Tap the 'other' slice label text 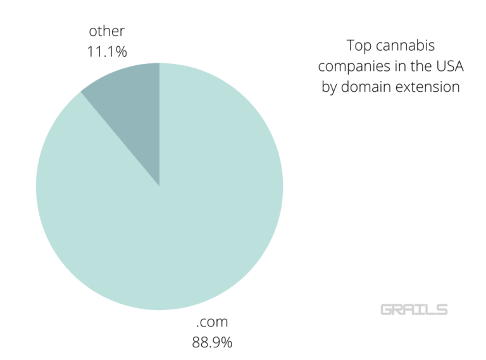point(107,30)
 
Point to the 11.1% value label point(107,51)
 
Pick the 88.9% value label point(212,343)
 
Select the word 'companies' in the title point(347,66)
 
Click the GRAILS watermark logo point(414,309)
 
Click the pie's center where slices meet point(159,187)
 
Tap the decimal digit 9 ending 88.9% point(218,343)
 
